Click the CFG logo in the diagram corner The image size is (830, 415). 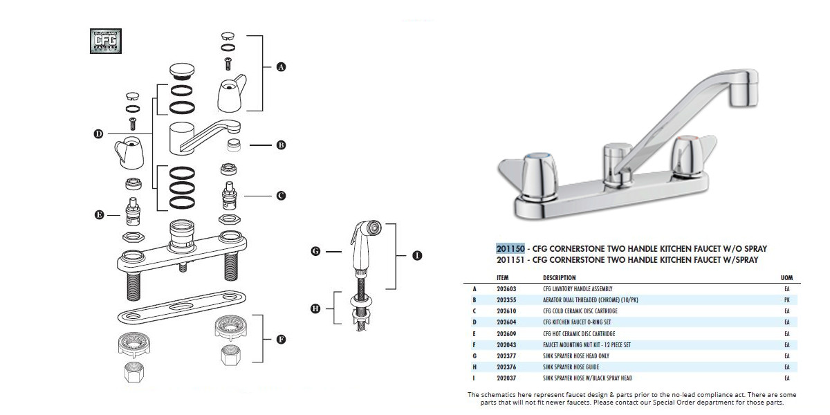(106, 41)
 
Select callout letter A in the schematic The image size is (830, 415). (281, 67)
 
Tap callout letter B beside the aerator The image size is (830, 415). (281, 145)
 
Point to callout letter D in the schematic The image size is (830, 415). (99, 133)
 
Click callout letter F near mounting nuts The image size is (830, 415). (281, 339)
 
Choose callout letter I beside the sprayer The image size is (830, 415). (416, 255)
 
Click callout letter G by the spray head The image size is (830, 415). (315, 252)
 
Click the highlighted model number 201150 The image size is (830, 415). (510, 248)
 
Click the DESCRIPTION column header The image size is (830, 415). (559, 278)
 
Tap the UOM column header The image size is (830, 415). (786, 278)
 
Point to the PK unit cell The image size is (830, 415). (786, 299)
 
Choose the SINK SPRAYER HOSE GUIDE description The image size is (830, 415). (569, 367)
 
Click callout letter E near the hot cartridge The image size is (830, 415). (99, 215)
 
